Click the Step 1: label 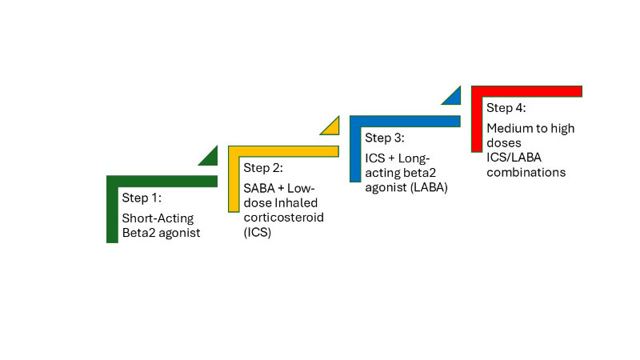[x=142, y=198]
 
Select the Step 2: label [x=263, y=168]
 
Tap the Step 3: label [x=385, y=138]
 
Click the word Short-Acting [x=158, y=218]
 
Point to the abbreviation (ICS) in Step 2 [x=258, y=233]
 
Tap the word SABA [x=258, y=188]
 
